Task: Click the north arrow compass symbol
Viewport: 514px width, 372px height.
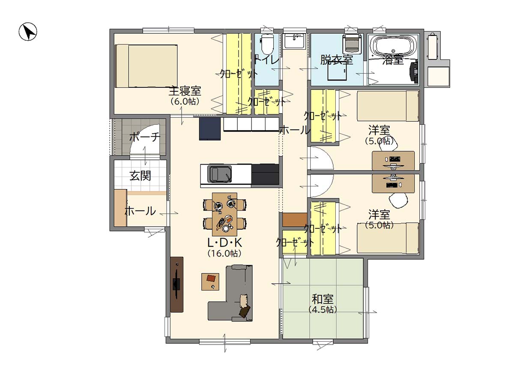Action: tap(28, 32)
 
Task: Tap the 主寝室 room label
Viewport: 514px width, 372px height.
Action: tap(185, 91)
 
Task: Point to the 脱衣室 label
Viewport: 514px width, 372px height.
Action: tap(337, 60)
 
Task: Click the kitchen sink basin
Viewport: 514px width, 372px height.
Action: tap(219, 174)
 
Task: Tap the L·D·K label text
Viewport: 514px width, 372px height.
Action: tap(224, 243)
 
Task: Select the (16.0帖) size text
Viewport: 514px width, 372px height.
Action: tap(224, 253)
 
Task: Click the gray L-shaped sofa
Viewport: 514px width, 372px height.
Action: tap(230, 293)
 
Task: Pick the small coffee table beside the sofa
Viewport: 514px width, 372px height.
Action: tap(210, 282)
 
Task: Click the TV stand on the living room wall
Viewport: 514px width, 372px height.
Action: tap(176, 285)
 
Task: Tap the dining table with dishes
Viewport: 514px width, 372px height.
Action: tap(224, 214)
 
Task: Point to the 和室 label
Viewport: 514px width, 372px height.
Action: tap(323, 299)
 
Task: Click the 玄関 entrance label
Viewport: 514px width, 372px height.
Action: tap(140, 176)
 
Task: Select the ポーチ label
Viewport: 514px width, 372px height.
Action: tap(145, 137)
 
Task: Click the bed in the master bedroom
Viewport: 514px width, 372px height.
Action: tap(146, 66)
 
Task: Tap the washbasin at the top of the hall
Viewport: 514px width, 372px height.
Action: tap(295, 41)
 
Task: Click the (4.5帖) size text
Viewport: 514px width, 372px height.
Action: tap(323, 310)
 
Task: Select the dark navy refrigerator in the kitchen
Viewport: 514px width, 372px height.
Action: tap(210, 129)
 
